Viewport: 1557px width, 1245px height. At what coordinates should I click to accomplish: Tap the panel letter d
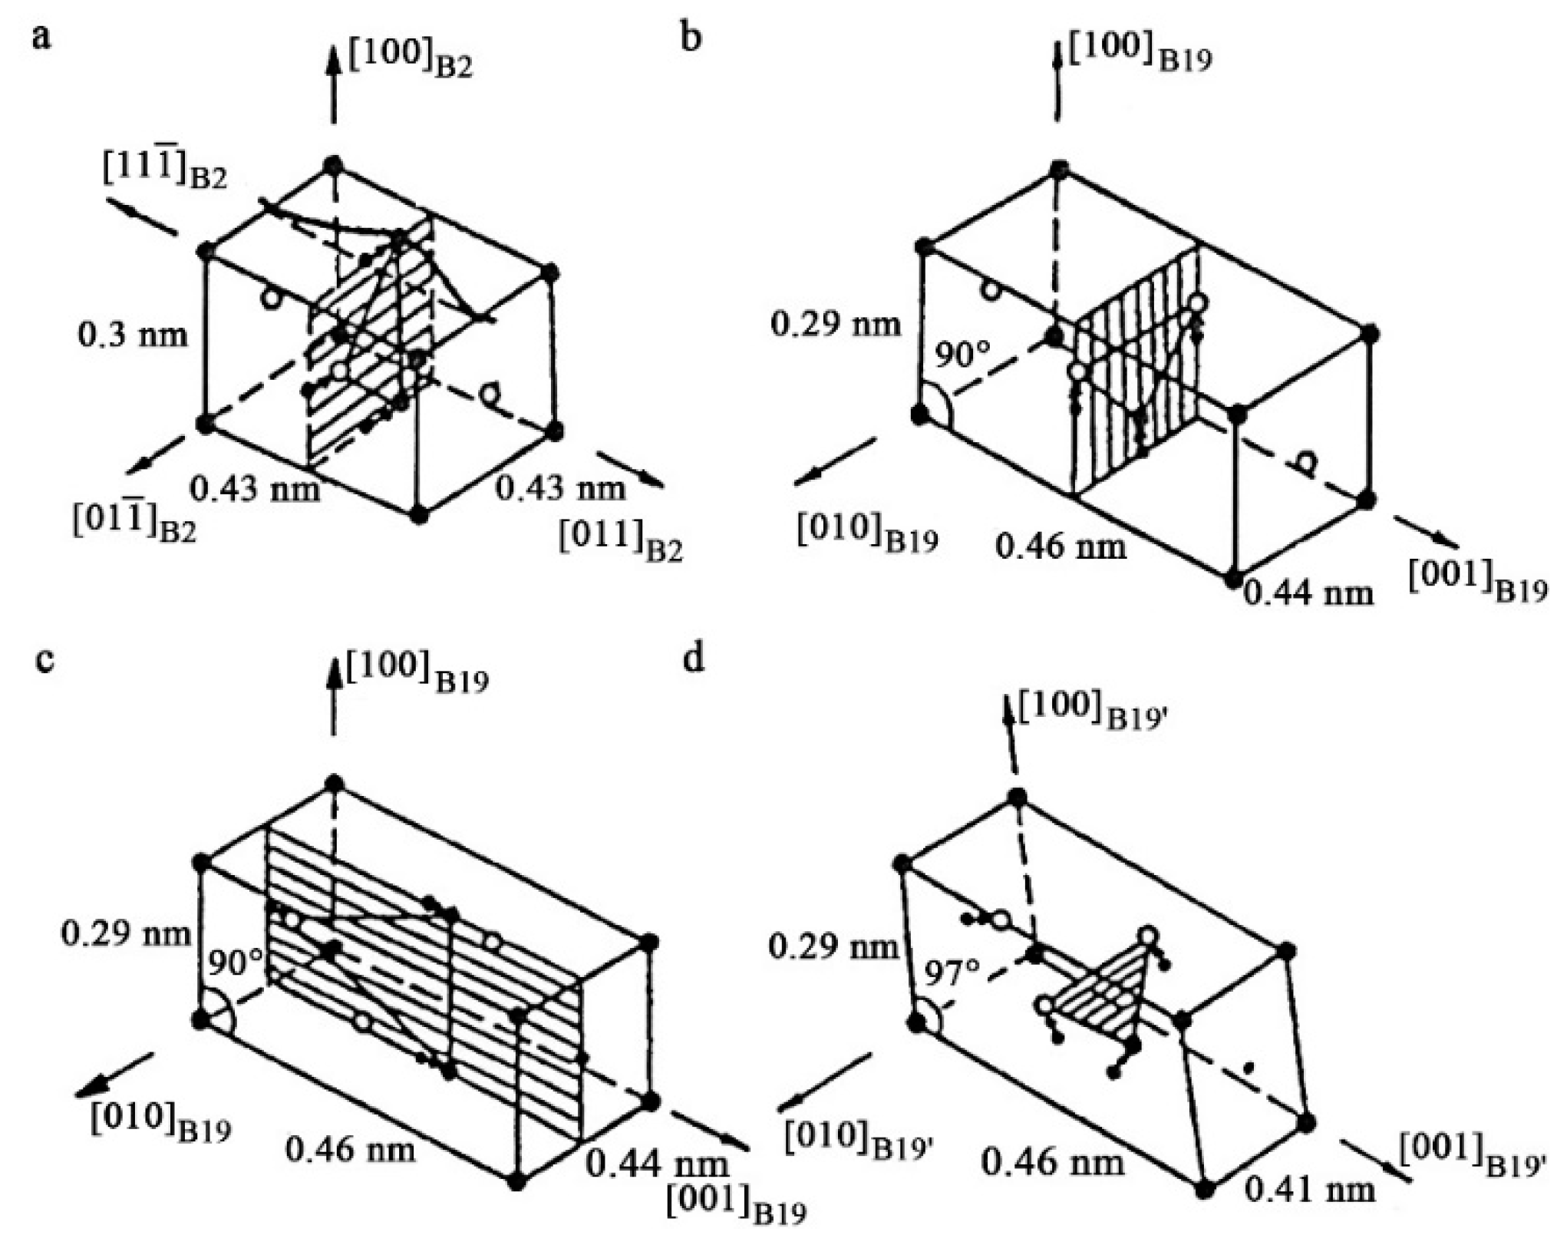[693, 659]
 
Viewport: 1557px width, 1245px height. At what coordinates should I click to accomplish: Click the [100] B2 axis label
[410, 58]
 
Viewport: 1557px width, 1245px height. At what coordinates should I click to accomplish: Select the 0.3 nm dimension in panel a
[133, 335]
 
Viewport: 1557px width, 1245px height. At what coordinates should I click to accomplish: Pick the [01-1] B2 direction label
[135, 522]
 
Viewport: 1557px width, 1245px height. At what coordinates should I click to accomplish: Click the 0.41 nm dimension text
[1309, 1191]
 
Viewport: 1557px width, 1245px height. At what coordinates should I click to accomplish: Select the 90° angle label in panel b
[962, 355]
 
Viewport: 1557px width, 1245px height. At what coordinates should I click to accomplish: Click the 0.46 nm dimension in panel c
[351, 1149]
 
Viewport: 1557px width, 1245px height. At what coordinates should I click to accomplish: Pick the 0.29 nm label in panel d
[833, 946]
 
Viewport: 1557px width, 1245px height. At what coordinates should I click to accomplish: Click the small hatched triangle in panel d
[1105, 997]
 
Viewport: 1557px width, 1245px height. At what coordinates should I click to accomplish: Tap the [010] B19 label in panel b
[867, 532]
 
